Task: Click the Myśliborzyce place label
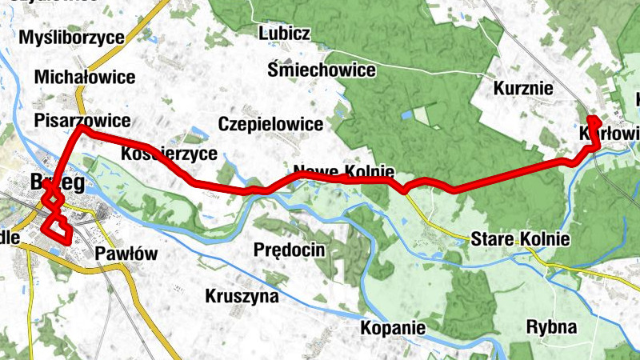tap(72, 38)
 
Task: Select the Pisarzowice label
tap(82, 120)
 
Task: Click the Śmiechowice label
tap(322, 70)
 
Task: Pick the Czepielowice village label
tap(270, 124)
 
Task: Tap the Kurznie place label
tap(524, 88)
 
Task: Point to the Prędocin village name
tap(289, 250)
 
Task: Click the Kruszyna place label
tap(242, 296)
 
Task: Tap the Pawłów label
tap(126, 254)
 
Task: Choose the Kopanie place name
tap(392, 328)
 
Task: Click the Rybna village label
tap(552, 326)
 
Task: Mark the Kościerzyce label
tap(169, 154)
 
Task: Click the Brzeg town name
tap(56, 182)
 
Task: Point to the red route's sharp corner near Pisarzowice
tap(81, 127)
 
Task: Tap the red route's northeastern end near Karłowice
tap(591, 120)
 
